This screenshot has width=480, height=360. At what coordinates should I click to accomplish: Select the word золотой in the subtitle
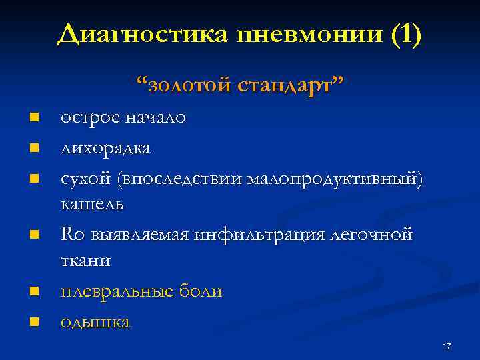coord(190,85)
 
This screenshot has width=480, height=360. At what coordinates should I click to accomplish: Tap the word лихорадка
coord(105,147)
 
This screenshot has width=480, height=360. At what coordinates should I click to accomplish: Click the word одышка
coord(95,321)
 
